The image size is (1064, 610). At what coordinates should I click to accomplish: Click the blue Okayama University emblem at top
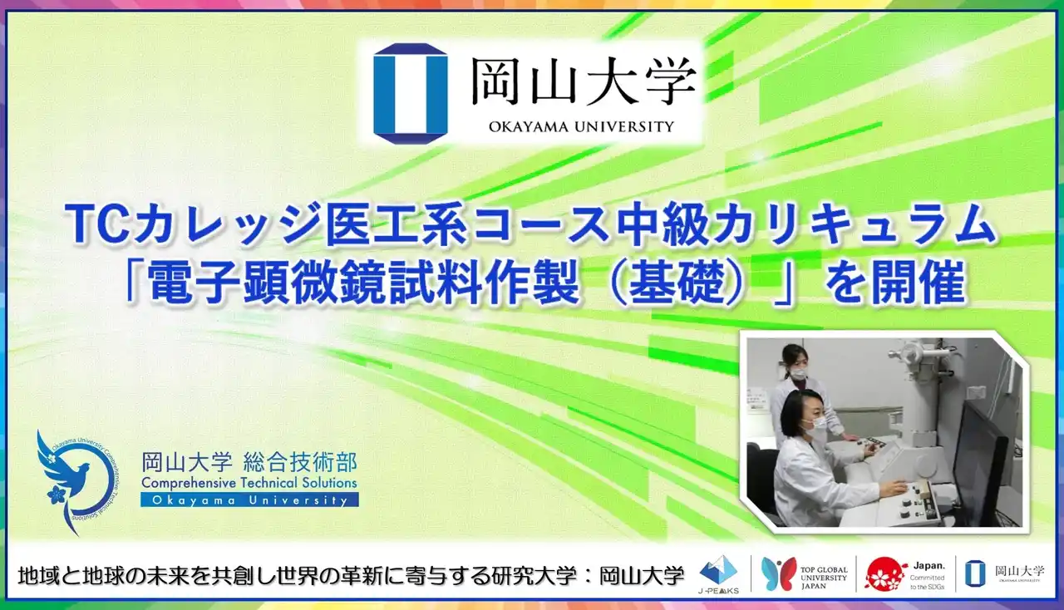(410, 94)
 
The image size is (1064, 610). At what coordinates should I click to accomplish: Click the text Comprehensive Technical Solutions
(249, 482)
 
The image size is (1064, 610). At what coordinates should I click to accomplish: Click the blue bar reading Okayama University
(249, 500)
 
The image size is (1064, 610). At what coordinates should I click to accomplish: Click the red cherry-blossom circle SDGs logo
(886, 573)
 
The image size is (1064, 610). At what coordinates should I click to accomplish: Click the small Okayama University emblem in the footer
(975, 573)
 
